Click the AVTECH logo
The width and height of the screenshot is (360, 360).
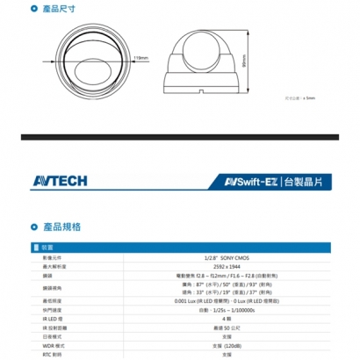62,181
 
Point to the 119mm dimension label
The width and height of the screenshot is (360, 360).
140,59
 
